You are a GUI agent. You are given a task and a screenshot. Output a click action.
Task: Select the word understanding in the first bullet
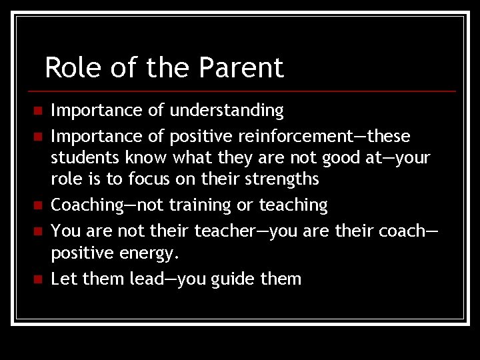pyautogui.click(x=227, y=111)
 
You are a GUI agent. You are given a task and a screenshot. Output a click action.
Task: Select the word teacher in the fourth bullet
pyautogui.click(x=225, y=231)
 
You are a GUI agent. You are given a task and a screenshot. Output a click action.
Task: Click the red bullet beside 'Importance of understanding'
pyautogui.click(x=37, y=110)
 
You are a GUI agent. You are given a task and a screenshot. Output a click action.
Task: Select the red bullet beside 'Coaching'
pyautogui.click(x=37, y=205)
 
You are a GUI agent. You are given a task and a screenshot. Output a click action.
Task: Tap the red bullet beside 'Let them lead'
pyautogui.click(x=37, y=279)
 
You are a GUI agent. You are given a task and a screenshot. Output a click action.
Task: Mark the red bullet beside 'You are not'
pyautogui.click(x=37, y=231)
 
